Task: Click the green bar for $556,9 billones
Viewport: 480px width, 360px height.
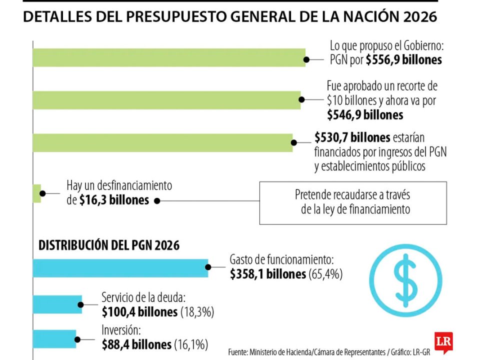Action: coord(169,57)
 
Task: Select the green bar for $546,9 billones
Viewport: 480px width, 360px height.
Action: coord(166,100)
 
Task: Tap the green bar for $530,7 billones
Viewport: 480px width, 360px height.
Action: coord(162,142)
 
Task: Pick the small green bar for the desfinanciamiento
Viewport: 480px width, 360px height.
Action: coord(36,193)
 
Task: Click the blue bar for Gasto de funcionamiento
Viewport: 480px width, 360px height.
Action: coord(120,268)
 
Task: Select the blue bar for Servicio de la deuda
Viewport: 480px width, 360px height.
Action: coord(57,304)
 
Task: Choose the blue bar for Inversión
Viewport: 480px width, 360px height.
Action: coord(54,338)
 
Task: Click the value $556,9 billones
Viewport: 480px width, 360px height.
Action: coord(404,60)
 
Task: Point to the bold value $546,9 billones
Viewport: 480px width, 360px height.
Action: coord(365,114)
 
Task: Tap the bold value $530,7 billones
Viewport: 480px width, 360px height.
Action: coord(352,137)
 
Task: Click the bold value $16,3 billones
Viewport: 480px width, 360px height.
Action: coord(114,200)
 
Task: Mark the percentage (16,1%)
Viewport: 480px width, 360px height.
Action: coord(191,344)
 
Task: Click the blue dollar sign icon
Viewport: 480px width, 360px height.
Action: coord(405,281)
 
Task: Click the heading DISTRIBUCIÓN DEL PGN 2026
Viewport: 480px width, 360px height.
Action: coord(109,245)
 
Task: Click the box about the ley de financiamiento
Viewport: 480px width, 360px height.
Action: coord(353,202)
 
